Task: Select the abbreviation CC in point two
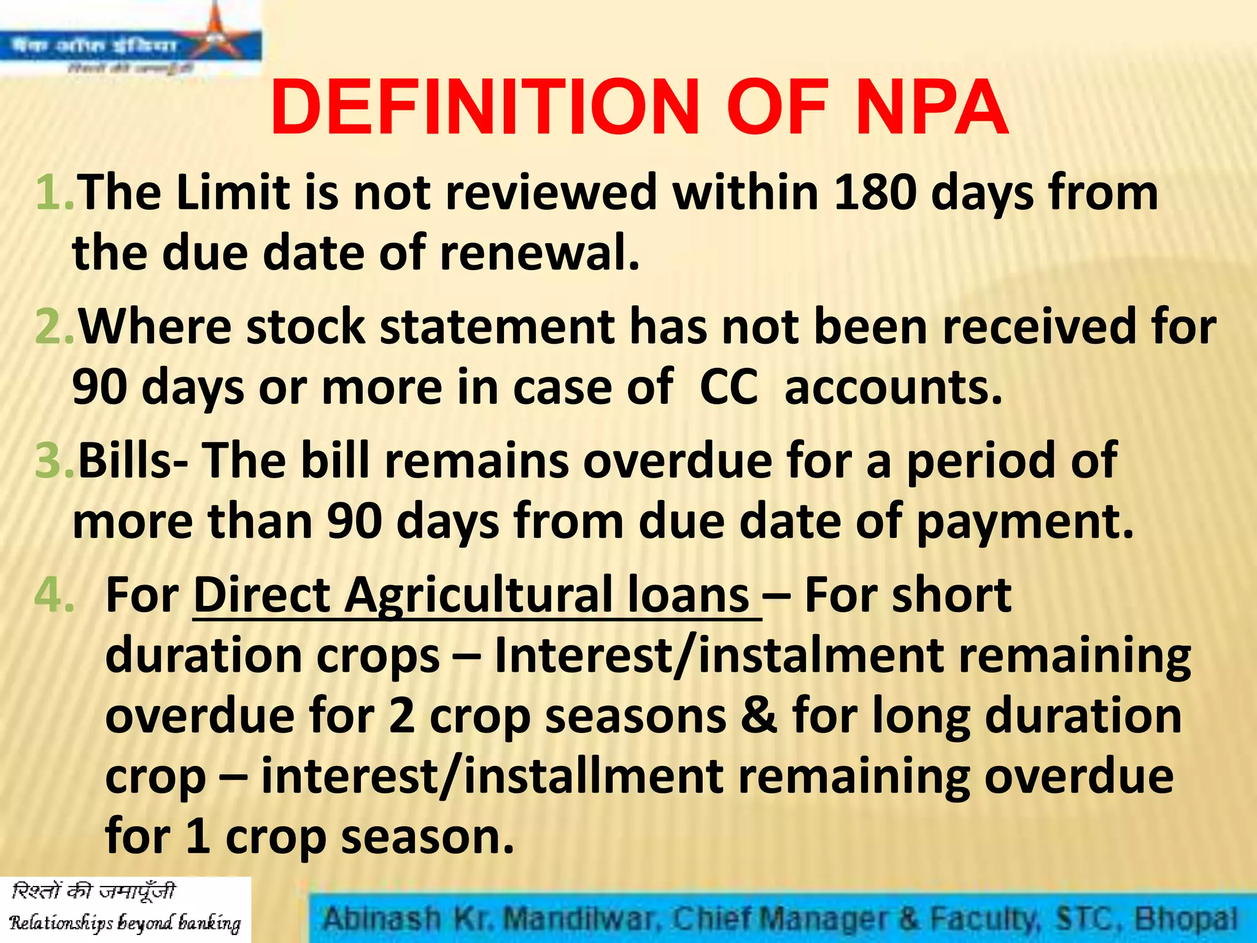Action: pyautogui.click(x=729, y=387)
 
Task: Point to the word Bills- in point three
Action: pyautogui.click(x=133, y=461)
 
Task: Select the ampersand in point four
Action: pyautogui.click(x=759, y=716)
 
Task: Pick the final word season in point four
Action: pyautogui.click(x=427, y=836)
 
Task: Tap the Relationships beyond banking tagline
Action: pyautogui.click(x=125, y=923)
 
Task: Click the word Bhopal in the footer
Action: pyautogui.click(x=1185, y=919)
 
